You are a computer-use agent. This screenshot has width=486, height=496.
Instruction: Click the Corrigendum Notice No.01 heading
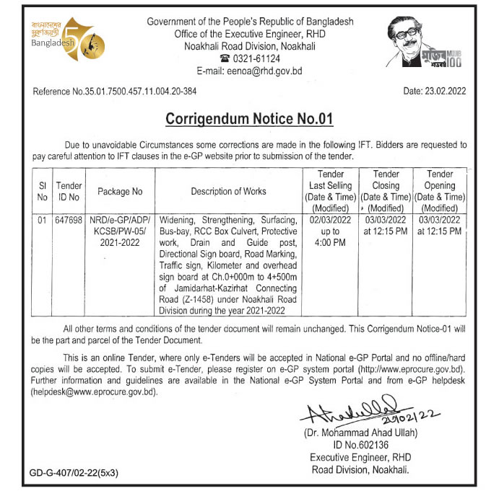[249, 118]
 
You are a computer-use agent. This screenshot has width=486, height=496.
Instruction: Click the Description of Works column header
[228, 192]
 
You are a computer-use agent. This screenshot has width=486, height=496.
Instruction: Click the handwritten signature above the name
[354, 412]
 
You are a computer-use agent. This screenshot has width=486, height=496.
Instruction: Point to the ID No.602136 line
[353, 445]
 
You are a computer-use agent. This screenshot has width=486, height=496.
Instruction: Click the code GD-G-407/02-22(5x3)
[74, 474]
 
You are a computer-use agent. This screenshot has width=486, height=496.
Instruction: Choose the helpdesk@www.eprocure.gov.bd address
[93, 393]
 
